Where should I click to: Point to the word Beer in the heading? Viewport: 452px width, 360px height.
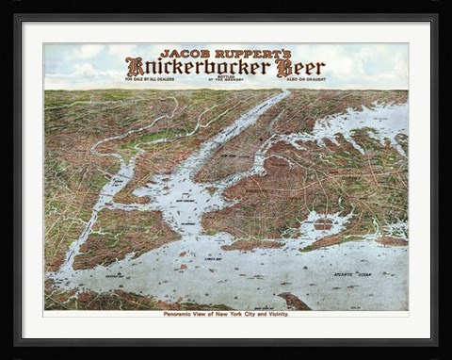click(304, 67)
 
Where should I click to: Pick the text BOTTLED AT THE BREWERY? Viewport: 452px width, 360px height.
click(227, 80)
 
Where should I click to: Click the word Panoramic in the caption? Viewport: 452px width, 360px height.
click(184, 314)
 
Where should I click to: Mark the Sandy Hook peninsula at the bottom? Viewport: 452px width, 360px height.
click(293, 302)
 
